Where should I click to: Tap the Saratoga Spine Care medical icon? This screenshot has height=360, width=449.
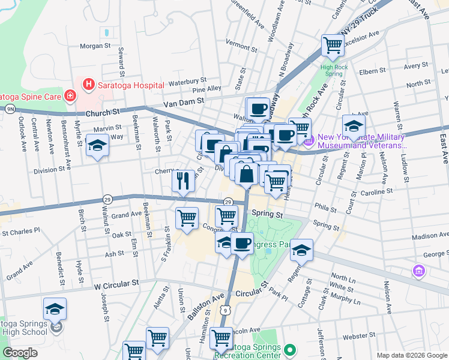click(x=70, y=95)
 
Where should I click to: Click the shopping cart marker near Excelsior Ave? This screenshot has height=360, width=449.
click(x=332, y=44)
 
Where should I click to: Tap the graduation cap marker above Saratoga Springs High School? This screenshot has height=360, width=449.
click(x=55, y=309)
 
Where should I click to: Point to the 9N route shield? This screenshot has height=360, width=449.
click(x=10, y=109)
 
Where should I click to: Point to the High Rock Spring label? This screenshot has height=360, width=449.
click(x=335, y=71)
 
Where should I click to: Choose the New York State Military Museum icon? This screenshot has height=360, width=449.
click(x=309, y=141)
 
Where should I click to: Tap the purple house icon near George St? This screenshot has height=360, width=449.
click(x=418, y=271)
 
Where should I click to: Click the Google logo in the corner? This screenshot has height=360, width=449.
click(x=20, y=353)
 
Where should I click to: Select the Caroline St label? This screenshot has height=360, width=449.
click(x=377, y=191)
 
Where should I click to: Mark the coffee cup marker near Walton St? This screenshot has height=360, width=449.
click(x=258, y=109)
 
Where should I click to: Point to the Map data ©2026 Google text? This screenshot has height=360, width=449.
click(x=412, y=355)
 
